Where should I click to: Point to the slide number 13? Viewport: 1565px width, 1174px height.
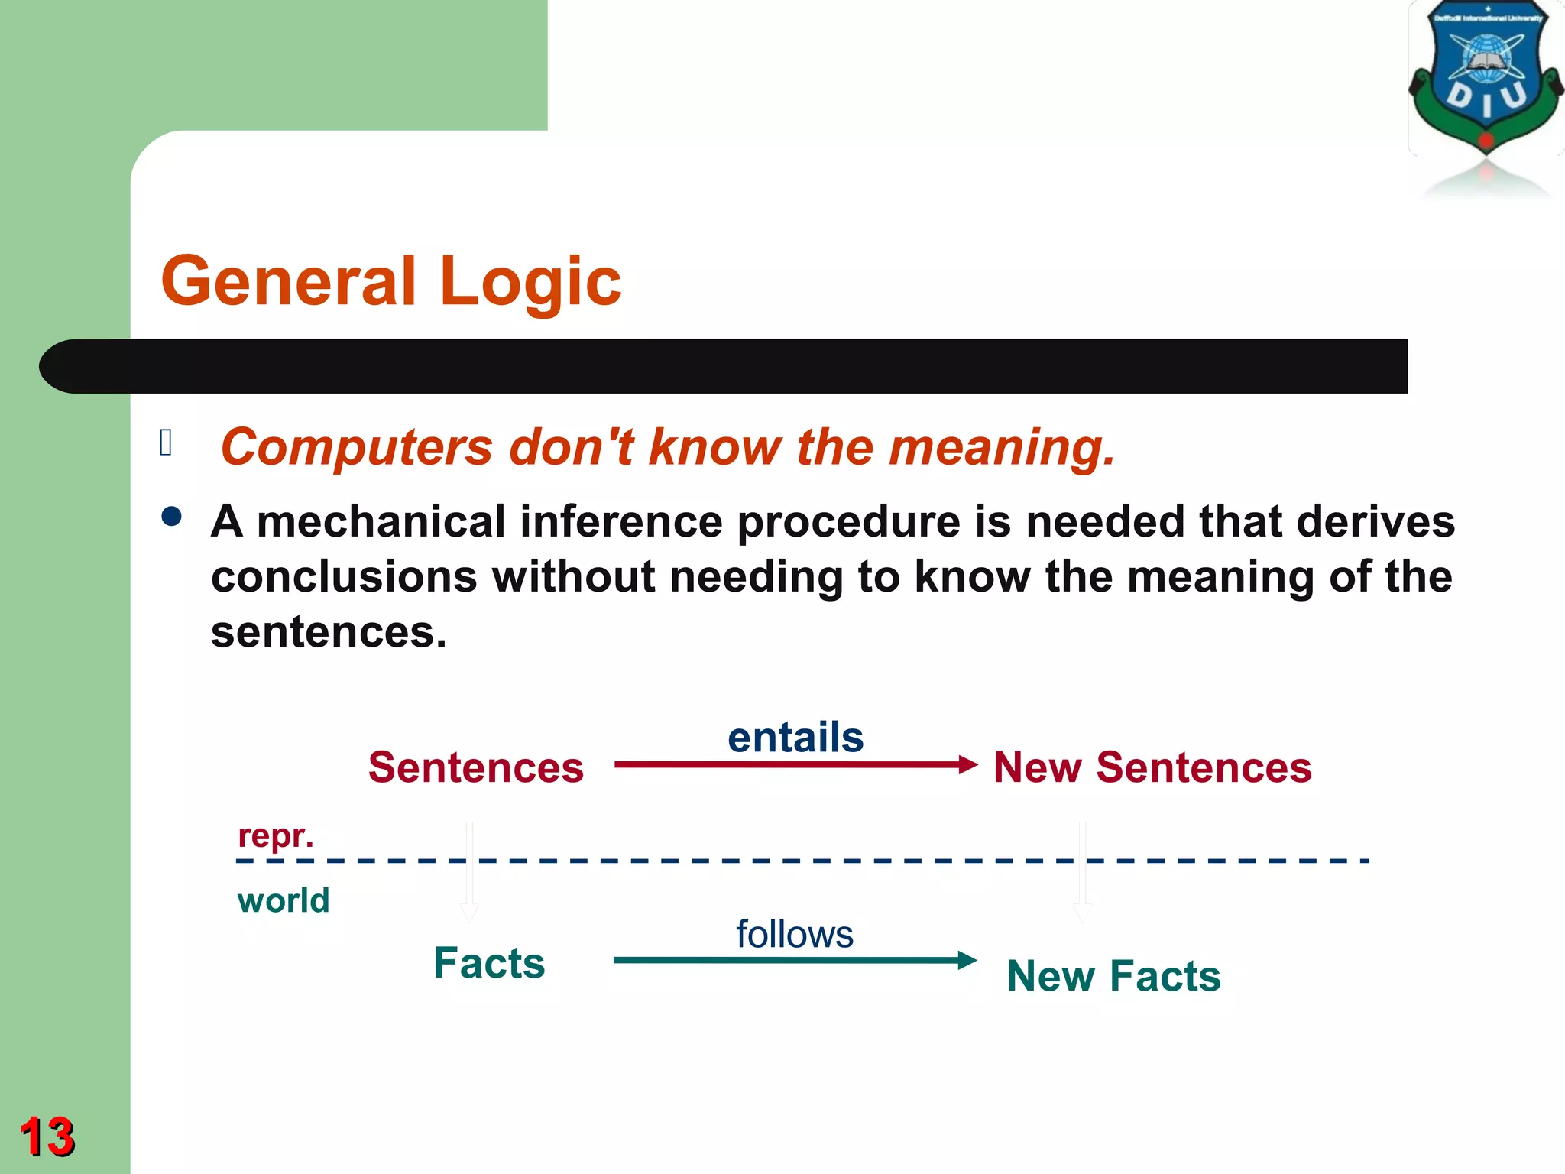(x=47, y=1137)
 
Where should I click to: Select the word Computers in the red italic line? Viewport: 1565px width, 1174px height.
(x=356, y=447)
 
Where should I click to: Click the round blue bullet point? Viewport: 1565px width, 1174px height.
(x=172, y=517)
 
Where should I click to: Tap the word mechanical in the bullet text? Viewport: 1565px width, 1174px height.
(x=381, y=522)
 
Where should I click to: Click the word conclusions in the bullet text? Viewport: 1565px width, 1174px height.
(x=344, y=577)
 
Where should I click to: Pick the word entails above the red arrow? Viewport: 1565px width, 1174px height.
(x=795, y=738)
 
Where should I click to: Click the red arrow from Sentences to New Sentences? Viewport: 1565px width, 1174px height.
(x=795, y=764)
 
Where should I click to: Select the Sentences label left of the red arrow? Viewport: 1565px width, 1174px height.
(x=475, y=767)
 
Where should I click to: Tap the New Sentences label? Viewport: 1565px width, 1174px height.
(x=1152, y=767)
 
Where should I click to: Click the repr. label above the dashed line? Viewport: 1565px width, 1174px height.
(x=275, y=835)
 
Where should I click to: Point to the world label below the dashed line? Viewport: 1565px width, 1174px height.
(x=283, y=900)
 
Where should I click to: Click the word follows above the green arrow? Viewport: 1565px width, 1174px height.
(x=794, y=934)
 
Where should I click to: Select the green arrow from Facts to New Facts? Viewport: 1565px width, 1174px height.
(x=795, y=960)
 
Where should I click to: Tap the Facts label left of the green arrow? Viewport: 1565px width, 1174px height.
(x=489, y=962)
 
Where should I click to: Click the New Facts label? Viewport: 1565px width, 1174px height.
(x=1113, y=976)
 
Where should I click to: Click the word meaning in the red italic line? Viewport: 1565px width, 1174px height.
(x=1000, y=447)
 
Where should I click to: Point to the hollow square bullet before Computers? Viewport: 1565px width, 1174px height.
(x=166, y=443)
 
